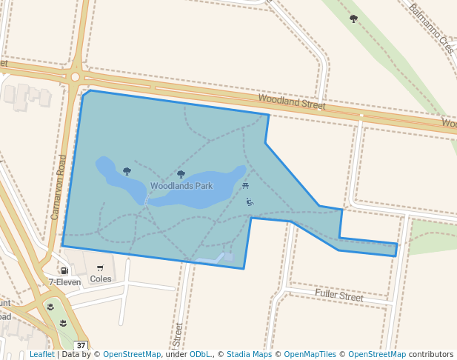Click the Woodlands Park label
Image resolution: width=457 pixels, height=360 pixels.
(181, 186)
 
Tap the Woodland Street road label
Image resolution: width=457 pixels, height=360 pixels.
(291, 102)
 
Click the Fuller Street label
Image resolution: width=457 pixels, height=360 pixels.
(339, 296)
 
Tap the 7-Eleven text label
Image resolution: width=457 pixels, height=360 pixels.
(64, 282)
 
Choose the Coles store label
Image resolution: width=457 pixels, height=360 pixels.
(100, 279)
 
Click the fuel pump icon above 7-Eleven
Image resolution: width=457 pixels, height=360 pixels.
(65, 270)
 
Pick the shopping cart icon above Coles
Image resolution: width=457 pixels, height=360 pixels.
(100, 267)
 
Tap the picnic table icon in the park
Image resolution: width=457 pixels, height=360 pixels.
(245, 184)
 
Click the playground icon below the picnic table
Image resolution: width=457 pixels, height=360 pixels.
(250, 201)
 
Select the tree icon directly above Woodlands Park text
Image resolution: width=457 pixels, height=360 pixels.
(181, 174)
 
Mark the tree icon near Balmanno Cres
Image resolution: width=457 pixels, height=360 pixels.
(353, 19)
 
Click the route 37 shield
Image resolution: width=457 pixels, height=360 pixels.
(81, 345)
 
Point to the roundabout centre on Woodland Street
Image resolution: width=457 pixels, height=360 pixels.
(75, 76)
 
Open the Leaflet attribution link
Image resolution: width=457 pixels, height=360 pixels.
(41, 355)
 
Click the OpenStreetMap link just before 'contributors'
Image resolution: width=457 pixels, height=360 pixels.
(376, 355)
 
